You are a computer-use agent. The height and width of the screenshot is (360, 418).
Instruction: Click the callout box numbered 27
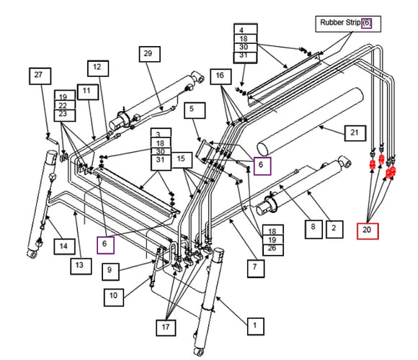[39, 75]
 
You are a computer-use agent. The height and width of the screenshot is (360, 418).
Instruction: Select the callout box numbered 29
[148, 53]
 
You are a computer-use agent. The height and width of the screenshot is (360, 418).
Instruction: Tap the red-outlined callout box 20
[368, 230]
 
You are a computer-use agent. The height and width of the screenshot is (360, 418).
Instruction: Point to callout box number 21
[353, 132]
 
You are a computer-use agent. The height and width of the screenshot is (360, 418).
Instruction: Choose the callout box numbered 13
[81, 266]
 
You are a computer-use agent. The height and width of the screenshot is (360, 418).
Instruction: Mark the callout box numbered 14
[63, 246]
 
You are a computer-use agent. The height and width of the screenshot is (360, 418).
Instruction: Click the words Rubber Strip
[339, 23]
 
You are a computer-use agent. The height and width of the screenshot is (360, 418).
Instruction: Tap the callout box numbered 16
[221, 76]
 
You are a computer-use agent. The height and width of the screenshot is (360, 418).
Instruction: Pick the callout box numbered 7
[254, 267]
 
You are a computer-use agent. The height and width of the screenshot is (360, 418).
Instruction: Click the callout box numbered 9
[110, 270]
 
